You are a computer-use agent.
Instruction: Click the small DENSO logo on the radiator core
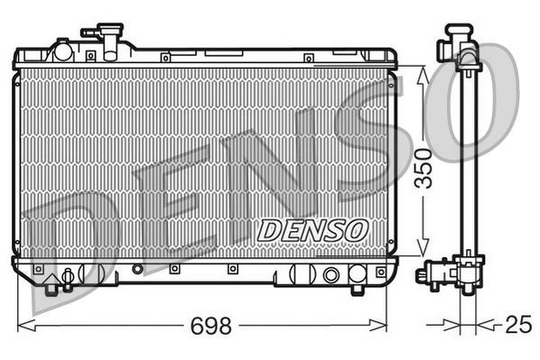(x=312, y=230)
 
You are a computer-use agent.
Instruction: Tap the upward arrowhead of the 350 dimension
(x=421, y=72)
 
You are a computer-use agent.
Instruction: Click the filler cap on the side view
(x=457, y=41)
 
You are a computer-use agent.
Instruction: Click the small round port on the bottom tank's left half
(x=137, y=269)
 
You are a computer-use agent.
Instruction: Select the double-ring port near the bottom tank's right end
(x=331, y=274)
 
